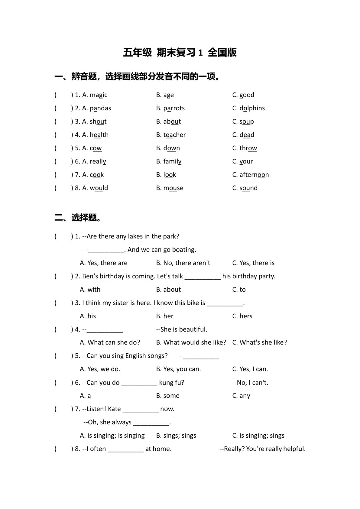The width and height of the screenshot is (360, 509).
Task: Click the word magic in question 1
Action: (99, 95)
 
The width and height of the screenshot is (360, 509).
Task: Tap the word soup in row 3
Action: (247, 122)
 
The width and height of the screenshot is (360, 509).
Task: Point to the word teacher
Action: (174, 135)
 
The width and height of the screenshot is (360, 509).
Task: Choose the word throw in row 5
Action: (248, 148)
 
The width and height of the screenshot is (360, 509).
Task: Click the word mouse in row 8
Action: (173, 188)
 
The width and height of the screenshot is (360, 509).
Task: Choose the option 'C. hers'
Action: (242, 316)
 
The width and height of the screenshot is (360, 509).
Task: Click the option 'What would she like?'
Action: (195, 342)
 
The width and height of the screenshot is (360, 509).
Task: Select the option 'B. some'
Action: (168, 396)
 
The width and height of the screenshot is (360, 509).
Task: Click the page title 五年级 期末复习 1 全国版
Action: (180, 52)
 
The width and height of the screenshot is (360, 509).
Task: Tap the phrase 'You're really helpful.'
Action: (276, 449)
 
